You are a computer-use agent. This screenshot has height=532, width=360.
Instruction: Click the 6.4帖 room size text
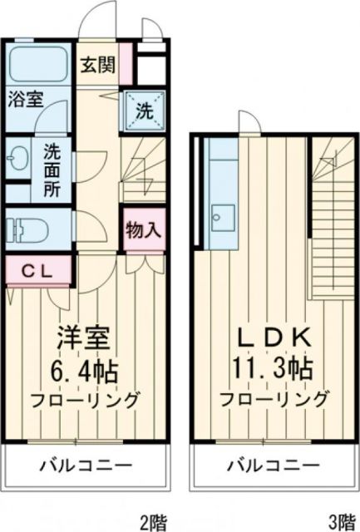pos(84,370)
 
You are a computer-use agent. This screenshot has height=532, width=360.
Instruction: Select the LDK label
pos(272,339)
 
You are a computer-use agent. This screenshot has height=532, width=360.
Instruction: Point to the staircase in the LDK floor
pos(330,216)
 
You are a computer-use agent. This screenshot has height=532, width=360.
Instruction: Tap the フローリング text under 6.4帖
pos(84,399)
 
